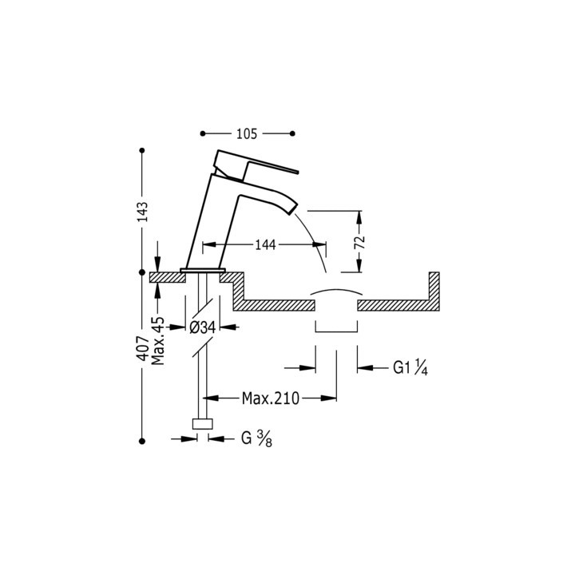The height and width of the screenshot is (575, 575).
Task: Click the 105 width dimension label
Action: coord(248,133)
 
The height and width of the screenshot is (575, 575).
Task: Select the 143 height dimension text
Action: coord(142,212)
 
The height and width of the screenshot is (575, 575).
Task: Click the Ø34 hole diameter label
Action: coord(204,326)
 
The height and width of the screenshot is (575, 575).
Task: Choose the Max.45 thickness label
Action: coord(158,341)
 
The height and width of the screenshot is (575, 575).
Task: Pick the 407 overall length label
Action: coord(142,351)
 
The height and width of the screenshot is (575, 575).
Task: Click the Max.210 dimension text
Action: coord(271,398)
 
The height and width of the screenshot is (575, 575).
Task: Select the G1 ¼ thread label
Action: coord(410,368)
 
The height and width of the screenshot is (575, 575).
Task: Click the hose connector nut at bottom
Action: coord(203,425)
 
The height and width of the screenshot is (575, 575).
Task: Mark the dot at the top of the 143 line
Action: coord(142,150)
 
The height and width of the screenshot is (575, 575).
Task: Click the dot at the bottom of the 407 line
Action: coord(142,438)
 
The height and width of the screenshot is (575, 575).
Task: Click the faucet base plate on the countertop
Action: coord(204,270)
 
